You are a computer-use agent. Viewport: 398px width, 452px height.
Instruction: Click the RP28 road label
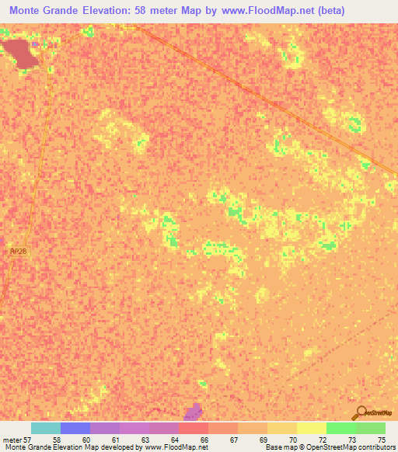(x=17, y=252)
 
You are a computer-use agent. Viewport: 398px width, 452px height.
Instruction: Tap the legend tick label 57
(x=27, y=439)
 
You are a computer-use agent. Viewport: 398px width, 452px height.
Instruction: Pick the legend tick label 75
(x=381, y=439)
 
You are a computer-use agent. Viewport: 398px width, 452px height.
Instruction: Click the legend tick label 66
(x=204, y=439)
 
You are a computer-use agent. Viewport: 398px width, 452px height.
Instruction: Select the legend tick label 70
(x=292, y=439)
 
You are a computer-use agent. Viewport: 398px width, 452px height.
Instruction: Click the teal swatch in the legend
(x=46, y=428)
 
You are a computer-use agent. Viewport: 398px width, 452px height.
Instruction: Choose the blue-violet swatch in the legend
(x=75, y=428)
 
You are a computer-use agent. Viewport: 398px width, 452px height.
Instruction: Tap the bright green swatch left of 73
(x=341, y=428)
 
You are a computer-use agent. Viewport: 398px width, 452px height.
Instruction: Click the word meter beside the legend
(x=12, y=439)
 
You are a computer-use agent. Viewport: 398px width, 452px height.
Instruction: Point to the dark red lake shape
(x=21, y=53)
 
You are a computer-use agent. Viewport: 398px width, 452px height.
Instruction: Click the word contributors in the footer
(x=376, y=447)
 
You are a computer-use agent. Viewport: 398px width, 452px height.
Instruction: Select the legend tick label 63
(x=145, y=439)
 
